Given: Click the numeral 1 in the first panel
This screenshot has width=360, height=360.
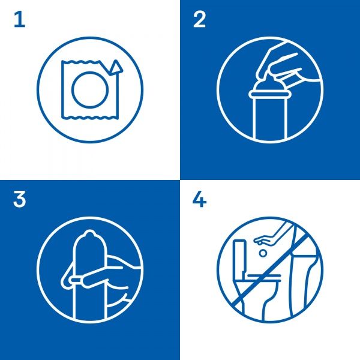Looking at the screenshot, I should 20,20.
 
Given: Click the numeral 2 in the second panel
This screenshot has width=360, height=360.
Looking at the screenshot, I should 199,20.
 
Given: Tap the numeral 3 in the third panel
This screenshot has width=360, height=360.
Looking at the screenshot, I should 20,199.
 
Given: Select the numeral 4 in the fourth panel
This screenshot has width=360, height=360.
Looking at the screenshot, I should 199,199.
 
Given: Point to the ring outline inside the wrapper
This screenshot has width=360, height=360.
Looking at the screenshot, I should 89,89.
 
